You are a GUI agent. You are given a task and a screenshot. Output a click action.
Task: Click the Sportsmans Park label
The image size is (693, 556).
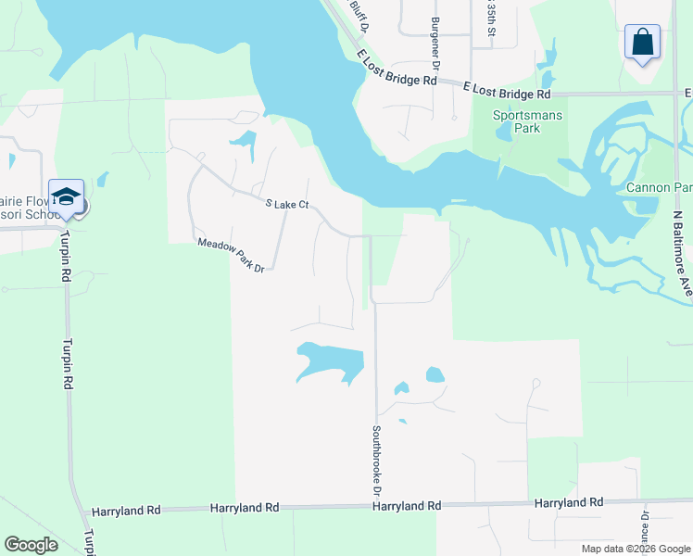(516, 121)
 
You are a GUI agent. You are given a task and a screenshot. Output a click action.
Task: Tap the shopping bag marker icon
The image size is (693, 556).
(642, 42)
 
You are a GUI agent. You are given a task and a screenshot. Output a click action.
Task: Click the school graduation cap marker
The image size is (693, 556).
(66, 196)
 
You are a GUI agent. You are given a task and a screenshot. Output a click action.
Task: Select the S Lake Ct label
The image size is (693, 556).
(286, 204)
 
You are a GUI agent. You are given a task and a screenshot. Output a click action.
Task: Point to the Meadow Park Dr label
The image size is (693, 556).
(231, 255)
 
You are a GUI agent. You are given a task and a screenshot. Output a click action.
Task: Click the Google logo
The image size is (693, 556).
(31, 545)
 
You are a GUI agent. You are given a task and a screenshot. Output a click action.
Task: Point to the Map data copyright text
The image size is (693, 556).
(635, 549)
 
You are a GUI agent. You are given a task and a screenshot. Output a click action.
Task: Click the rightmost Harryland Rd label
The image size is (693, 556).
(569, 502)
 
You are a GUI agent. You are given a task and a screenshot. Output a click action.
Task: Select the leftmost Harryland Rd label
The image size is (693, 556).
(127, 511)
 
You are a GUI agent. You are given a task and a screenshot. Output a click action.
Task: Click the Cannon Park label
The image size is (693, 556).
(659, 187)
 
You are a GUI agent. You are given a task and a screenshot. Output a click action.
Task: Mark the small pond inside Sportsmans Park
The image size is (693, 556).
(503, 131)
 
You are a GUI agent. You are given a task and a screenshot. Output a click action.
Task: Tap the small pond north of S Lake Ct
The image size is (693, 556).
(244, 142)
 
